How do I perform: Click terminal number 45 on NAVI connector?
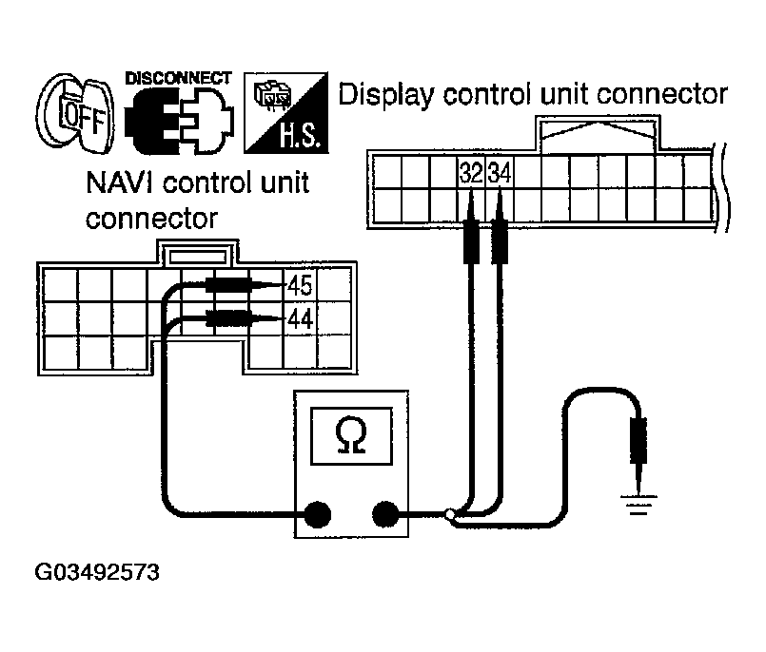pyautogui.click(x=300, y=285)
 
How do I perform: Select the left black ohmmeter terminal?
pyautogui.click(x=317, y=515)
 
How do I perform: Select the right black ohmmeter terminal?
pyautogui.click(x=384, y=515)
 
